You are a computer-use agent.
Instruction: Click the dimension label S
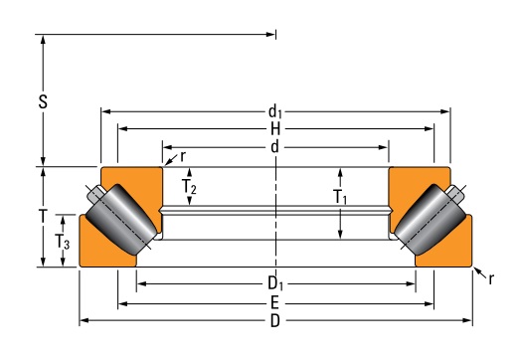click(43, 101)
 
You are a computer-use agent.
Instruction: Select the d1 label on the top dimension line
click(275, 111)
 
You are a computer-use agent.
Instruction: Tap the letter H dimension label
click(275, 129)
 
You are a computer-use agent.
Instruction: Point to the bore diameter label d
click(274, 147)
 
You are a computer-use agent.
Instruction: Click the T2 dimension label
click(189, 187)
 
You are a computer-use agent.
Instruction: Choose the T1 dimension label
click(340, 197)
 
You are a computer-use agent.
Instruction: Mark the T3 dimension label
click(62, 242)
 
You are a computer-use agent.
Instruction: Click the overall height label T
click(43, 217)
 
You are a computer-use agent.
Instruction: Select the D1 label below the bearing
click(275, 284)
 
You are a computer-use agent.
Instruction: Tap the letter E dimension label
click(274, 303)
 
